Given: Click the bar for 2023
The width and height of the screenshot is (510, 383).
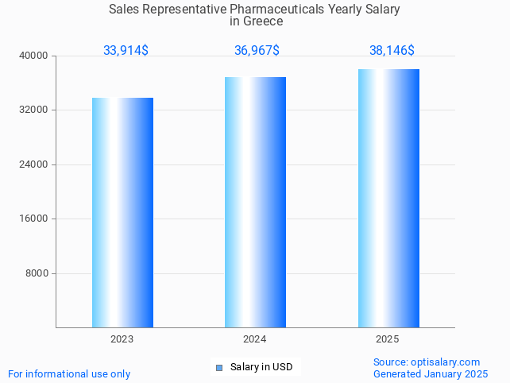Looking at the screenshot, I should [122, 212].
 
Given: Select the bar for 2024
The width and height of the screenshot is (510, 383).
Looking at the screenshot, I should [255, 202].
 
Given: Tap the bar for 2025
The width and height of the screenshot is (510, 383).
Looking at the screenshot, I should [388, 198].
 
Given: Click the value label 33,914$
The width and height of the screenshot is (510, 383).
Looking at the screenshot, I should [126, 51].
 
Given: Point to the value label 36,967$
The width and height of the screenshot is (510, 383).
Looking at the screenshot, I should [257, 51].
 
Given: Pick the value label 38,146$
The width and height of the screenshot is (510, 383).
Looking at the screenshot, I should [392, 51].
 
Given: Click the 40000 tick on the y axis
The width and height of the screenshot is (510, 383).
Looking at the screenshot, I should [34, 56].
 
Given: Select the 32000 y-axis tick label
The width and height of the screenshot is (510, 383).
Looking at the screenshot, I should [34, 110].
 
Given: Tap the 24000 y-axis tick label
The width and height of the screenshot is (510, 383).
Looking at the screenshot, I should [34, 164].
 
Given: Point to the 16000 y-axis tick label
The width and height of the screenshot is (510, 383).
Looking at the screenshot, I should [34, 219].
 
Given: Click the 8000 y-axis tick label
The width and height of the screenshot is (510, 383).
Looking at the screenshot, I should [37, 273].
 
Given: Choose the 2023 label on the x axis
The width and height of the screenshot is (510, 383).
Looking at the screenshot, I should [122, 339].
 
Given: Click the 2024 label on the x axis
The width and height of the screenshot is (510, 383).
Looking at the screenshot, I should [255, 339].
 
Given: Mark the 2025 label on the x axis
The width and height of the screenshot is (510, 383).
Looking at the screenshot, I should [388, 339].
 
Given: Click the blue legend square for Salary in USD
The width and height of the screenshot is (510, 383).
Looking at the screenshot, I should [219, 367].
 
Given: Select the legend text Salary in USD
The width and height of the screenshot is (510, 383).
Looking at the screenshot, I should [261, 367].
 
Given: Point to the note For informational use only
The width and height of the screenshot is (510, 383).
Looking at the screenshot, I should [69, 373].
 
